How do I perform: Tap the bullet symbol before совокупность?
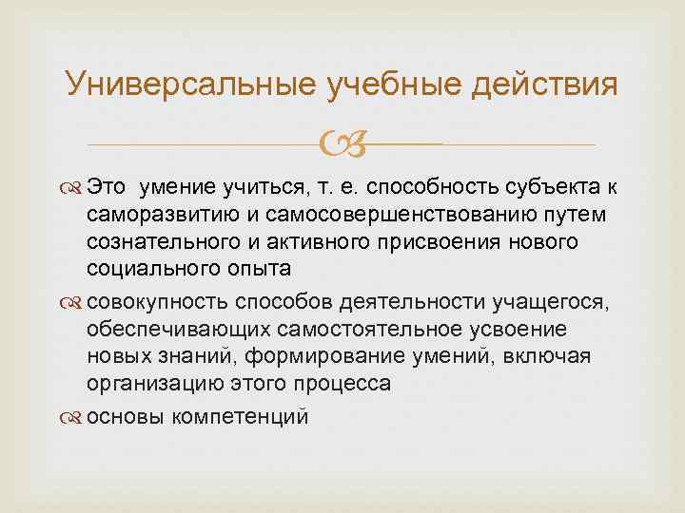click(75, 303)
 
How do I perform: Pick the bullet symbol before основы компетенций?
click(75, 417)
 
